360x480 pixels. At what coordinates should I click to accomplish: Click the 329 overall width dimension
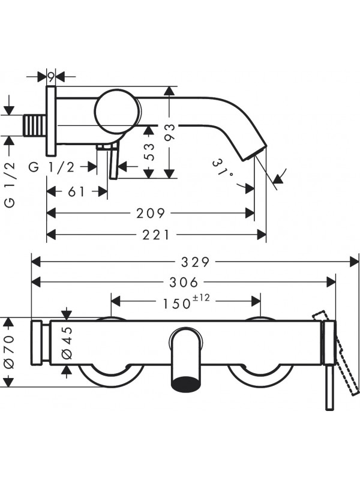[x=196, y=262]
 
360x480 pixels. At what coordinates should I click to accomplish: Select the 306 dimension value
[x=184, y=282]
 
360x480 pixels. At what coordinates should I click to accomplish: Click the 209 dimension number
[x=150, y=213]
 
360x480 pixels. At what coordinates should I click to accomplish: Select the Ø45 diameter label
[x=67, y=343]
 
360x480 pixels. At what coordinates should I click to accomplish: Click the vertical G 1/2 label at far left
[x=9, y=185]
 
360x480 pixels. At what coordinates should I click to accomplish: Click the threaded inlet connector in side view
[x=35, y=125]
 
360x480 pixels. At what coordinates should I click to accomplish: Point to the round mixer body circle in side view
[x=117, y=112]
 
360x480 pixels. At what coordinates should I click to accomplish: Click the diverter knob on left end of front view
[x=38, y=343]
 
